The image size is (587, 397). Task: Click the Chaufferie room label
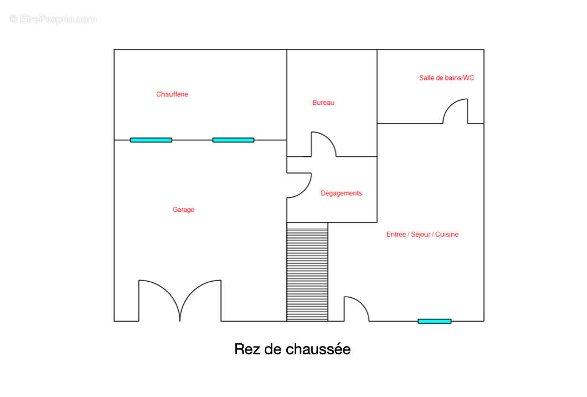pos(172,94)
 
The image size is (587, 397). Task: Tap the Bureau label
pos(323,103)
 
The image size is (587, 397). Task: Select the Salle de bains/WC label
pos(446,78)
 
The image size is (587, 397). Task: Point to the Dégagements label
pos(341,193)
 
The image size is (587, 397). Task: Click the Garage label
pos(183,210)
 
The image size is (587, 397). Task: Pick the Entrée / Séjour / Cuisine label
pos(423,235)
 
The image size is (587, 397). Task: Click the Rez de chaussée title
pos(292,349)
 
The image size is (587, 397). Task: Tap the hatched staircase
pos(307,272)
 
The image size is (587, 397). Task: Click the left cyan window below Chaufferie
pos(151,140)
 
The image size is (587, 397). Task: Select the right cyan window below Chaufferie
pos(233,140)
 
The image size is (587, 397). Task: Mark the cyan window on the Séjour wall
pos(435,321)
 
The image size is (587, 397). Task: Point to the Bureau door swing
pos(329,138)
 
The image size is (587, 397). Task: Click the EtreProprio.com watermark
pos(53,19)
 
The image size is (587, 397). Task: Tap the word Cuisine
pos(446,235)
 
